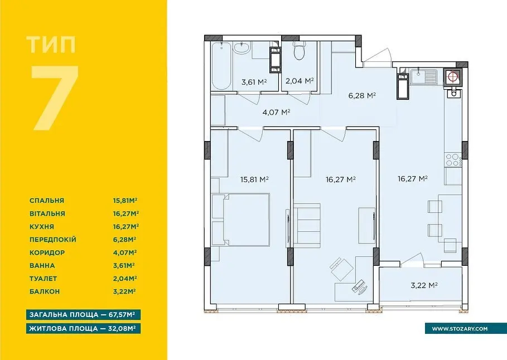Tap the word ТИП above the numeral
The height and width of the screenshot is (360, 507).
[51, 45]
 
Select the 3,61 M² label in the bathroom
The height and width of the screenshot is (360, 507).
[254, 82]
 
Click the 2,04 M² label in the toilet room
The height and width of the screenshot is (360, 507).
[300, 80]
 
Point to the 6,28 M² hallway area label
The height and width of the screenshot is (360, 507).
[362, 96]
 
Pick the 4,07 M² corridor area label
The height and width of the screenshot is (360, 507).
[276, 112]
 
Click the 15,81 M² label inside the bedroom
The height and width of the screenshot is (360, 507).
[254, 179]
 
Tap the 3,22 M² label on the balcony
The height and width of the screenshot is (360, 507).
[424, 285]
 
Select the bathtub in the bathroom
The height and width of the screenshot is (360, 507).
[221, 65]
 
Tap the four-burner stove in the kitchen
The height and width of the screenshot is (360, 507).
[453, 159]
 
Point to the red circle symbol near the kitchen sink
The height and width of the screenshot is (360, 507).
[453, 76]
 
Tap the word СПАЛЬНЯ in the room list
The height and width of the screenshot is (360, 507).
[47, 201]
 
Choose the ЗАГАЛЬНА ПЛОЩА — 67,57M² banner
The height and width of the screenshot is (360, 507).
[84, 314]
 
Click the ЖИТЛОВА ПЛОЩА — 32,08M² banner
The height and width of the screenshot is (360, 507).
[84, 329]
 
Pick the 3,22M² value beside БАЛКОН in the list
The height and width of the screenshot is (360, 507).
[124, 291]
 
